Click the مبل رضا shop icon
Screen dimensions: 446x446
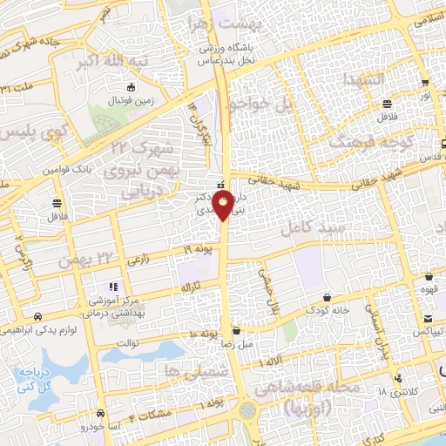pyautogui.click(x=237, y=331)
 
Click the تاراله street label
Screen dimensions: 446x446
pyautogui.click(x=190, y=287)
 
